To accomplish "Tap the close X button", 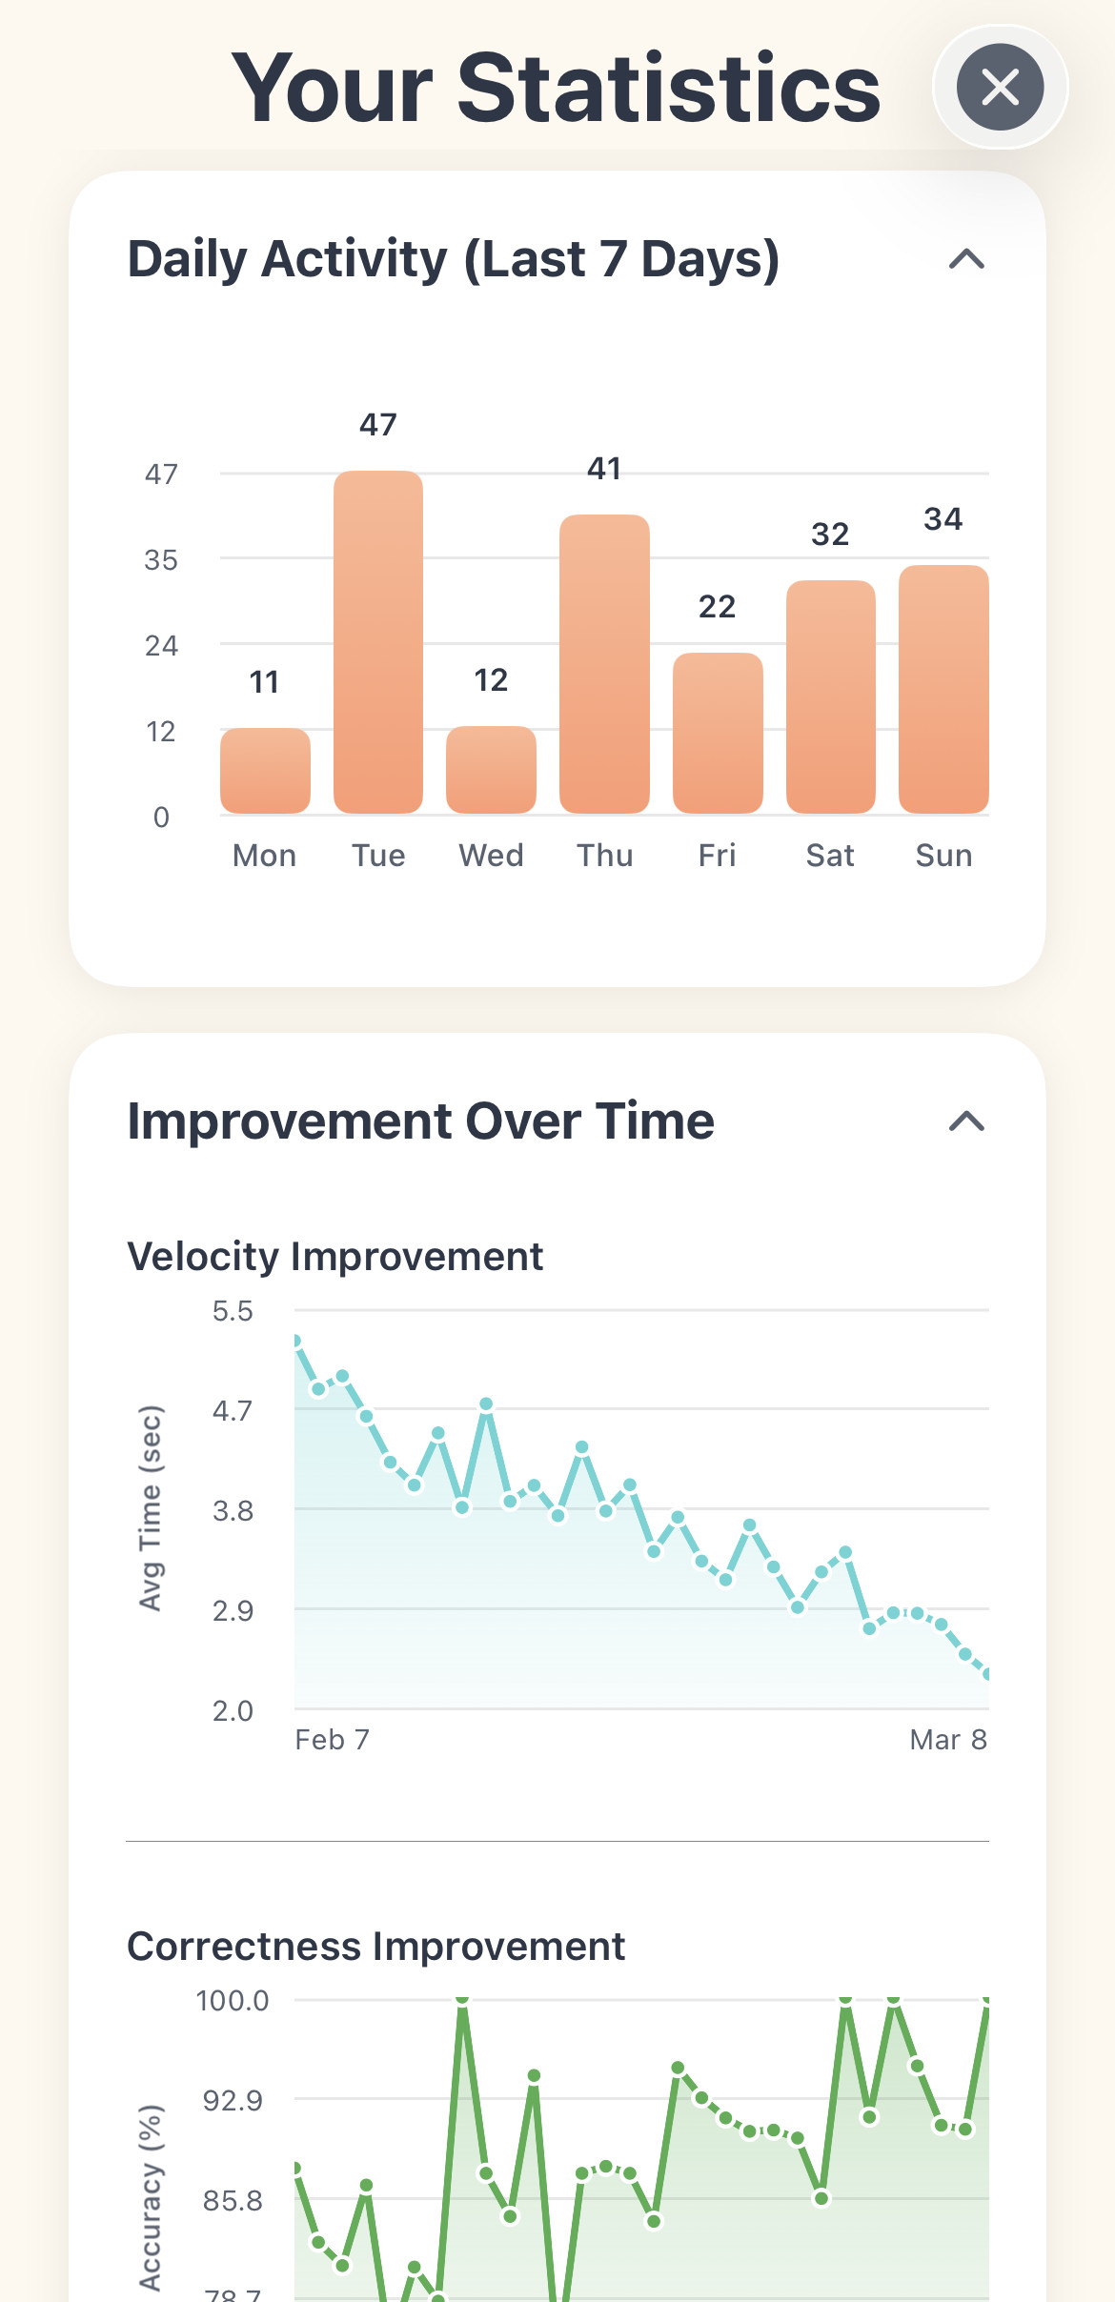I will [x=1000, y=87].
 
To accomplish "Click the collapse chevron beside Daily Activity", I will [x=966, y=259].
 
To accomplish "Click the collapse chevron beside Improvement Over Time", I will [x=966, y=1121].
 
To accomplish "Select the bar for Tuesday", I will [x=378, y=642].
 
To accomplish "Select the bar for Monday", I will [x=265, y=771].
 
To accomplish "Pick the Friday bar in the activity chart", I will [x=718, y=733].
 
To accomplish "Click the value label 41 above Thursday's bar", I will [x=604, y=469].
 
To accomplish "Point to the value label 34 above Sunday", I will [x=943, y=519].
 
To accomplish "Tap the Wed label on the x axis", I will [x=491, y=856].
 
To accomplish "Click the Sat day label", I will [x=830, y=856].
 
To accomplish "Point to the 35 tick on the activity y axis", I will [x=161, y=560].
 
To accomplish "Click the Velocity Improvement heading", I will [x=334, y=1257].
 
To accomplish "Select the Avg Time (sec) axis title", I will [x=151, y=1508].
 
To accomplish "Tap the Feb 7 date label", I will [x=332, y=1740].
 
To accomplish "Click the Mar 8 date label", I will [x=948, y=1740].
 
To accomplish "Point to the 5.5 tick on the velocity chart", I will [x=233, y=1311].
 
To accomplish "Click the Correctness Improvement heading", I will [x=376, y=1947].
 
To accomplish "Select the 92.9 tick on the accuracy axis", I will [x=233, y=2100].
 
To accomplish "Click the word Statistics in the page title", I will [x=669, y=88].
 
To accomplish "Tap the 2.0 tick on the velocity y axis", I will [x=233, y=1711].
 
